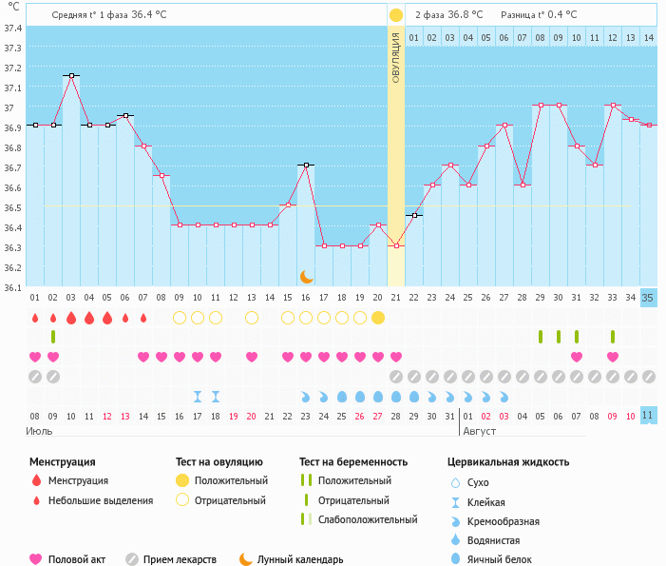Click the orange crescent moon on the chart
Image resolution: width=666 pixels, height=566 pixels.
tap(306, 277)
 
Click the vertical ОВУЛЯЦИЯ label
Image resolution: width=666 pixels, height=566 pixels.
tap(396, 57)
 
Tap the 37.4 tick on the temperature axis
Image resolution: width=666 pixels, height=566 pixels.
tap(12, 28)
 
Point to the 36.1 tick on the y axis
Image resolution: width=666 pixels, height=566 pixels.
tap(12, 288)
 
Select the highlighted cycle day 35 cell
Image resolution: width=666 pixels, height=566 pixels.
tap(648, 298)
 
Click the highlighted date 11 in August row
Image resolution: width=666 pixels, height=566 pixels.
tap(648, 416)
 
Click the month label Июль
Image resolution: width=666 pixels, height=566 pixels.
tap(40, 431)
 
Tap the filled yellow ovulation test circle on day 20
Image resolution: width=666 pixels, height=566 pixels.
tap(378, 318)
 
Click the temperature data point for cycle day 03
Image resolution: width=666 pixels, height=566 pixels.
tap(71, 75)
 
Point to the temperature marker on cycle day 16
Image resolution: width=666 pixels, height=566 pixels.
tap(306, 166)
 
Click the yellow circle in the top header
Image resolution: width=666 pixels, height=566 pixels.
tap(396, 15)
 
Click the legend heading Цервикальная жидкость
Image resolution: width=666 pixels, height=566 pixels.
tap(508, 462)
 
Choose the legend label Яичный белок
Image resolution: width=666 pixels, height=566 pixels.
tap(506, 559)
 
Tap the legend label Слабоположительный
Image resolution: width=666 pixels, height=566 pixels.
tap(368, 519)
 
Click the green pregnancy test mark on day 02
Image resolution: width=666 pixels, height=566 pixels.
tap(53, 337)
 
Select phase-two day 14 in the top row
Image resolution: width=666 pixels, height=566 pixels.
tap(648, 37)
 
